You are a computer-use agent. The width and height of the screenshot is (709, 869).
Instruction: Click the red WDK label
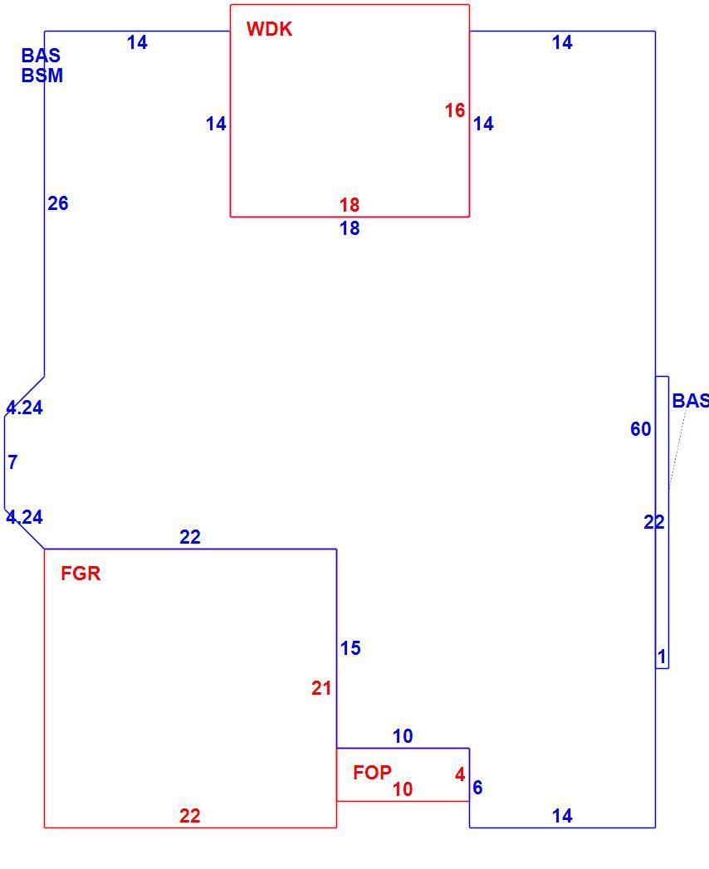[x=270, y=29]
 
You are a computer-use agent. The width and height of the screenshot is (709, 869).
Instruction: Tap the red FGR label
[x=81, y=573]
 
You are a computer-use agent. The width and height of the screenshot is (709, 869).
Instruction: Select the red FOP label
[x=373, y=772]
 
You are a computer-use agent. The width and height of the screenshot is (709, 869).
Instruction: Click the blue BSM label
[x=42, y=76]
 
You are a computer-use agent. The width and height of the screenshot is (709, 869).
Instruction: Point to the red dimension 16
[x=455, y=110]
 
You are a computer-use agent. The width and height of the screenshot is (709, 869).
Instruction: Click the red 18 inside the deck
[x=350, y=204]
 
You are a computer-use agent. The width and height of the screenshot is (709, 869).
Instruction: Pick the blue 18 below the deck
[x=350, y=227]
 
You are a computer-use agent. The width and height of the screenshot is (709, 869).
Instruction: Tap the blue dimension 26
[x=57, y=203]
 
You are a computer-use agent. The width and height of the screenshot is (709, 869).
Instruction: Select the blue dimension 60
[x=640, y=428]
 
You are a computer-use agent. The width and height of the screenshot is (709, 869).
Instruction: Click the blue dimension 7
[x=12, y=461]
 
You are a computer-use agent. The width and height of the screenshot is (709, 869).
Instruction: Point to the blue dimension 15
[x=350, y=648]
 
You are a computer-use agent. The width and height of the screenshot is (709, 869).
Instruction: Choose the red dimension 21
[x=321, y=688]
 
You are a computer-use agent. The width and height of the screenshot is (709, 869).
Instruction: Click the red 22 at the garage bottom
[x=189, y=815]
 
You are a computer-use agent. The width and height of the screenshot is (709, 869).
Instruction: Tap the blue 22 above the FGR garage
[x=189, y=536]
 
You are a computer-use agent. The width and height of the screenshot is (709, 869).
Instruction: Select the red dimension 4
[x=460, y=774]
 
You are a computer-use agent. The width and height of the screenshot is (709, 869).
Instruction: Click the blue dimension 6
[x=477, y=787]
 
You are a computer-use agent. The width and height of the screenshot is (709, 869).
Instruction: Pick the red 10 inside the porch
[x=403, y=788]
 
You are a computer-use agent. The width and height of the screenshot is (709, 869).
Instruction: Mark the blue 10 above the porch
[x=403, y=736]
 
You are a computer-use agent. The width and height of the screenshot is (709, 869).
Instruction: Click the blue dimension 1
[x=662, y=657]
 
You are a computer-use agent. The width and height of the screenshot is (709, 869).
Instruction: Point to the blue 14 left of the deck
[x=216, y=123]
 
